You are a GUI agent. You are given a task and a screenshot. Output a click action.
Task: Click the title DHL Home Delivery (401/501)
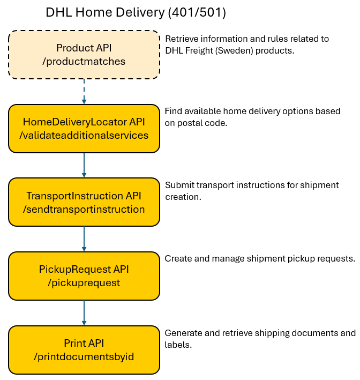tap(136, 13)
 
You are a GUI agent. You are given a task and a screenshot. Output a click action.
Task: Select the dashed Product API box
tap(84, 55)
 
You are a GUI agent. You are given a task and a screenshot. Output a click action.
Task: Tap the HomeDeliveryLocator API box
tap(84, 128)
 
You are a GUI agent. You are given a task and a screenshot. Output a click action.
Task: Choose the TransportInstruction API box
tap(84, 202)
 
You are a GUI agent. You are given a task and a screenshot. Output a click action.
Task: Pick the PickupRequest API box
tap(84, 275)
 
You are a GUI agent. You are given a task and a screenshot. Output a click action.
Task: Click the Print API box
tap(84, 349)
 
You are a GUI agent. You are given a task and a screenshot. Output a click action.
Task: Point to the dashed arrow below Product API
tap(84, 91)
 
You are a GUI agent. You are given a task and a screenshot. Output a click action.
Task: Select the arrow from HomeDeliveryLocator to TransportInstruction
tap(84, 165)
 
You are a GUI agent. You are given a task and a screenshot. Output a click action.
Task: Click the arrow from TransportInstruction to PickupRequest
tap(84, 238)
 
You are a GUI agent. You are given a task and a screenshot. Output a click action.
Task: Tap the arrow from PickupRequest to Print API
tap(84, 312)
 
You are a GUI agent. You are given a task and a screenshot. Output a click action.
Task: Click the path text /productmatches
tap(84, 61)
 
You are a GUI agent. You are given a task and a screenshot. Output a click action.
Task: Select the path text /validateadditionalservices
tap(84, 135)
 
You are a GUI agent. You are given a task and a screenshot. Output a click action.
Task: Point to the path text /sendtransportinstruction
tap(84, 209)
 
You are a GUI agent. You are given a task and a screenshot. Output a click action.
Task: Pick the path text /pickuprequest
tap(84, 282)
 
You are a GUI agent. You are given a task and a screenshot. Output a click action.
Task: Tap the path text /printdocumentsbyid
tap(84, 356)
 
